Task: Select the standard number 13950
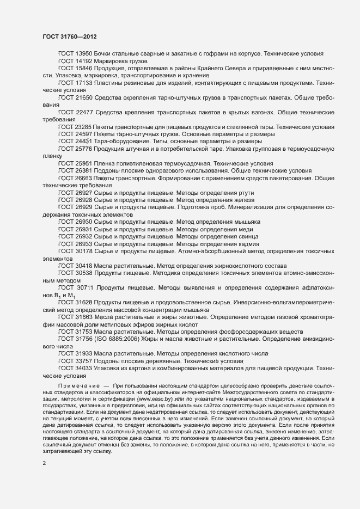point(83,53)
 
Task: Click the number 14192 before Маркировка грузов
point(83,62)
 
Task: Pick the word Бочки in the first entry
point(103,53)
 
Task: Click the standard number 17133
point(83,83)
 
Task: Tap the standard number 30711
point(86,287)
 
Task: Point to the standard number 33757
point(83,361)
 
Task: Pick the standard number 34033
point(83,368)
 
